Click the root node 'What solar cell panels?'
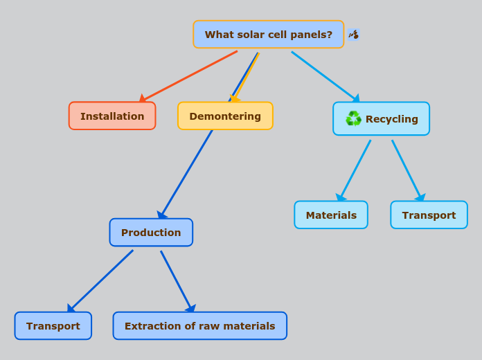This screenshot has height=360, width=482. [x=268, y=35]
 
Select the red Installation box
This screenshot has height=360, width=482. [x=112, y=116]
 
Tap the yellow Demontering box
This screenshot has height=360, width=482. [x=225, y=116]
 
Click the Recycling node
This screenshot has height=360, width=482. [x=382, y=119]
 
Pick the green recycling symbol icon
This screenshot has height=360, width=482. [x=353, y=119]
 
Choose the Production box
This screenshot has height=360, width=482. [x=151, y=233]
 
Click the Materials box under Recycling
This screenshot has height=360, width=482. [x=331, y=215]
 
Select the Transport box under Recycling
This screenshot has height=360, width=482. [x=429, y=215]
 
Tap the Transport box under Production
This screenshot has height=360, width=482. [x=53, y=326]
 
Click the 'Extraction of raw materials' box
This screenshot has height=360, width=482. [x=199, y=326]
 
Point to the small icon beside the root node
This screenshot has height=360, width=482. [x=354, y=35]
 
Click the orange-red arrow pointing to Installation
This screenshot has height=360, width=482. [x=188, y=76]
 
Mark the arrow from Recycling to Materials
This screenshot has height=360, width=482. [x=355, y=170]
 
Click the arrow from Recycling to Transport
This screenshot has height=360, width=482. [x=407, y=170]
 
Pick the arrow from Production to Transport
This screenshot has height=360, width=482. [x=101, y=280]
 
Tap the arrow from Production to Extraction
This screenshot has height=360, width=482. [x=176, y=280]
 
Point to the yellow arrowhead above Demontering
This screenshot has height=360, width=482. [x=235, y=98]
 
